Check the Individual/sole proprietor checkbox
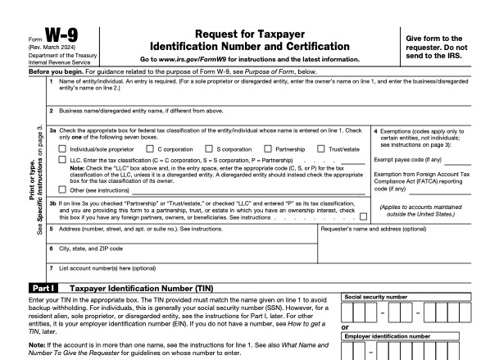point(63,148)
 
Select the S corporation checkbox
point(210,148)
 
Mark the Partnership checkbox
point(269,148)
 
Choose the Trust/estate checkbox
point(320,148)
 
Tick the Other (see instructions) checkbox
point(63,189)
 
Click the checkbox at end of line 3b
point(363,216)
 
